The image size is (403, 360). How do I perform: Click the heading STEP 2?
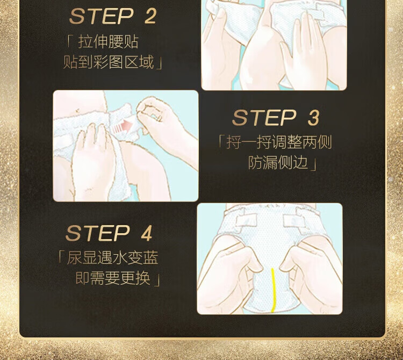tap(113, 16)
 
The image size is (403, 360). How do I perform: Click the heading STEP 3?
tap(276, 118)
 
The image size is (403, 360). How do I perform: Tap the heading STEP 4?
tap(109, 233)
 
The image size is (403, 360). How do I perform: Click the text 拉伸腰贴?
tap(108, 42)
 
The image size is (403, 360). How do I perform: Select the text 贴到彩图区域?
tap(109, 62)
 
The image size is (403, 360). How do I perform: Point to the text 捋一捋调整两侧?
tap(279, 142)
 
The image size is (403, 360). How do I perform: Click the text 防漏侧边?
tap(278, 162)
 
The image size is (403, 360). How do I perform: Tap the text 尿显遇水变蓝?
tap(113, 258)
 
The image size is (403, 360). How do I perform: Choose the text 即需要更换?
tap(113, 278)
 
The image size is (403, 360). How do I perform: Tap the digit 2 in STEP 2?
tap(150, 16)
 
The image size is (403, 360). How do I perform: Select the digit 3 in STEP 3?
tap(314, 118)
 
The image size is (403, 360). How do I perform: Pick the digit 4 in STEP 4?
tap(146, 233)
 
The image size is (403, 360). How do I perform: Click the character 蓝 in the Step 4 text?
tap(150, 258)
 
